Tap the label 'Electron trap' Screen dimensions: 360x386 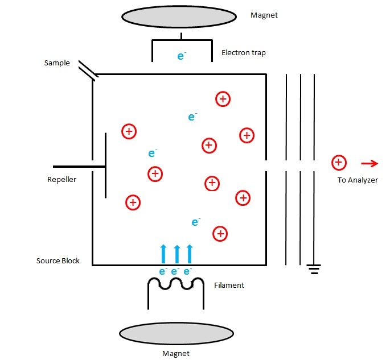[x=244, y=53]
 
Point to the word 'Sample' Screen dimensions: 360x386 [x=57, y=63]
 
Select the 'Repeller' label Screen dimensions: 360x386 [x=61, y=180]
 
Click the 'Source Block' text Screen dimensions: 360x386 [x=58, y=261]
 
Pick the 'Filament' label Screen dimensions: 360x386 [x=229, y=285]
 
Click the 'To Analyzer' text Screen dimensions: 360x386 [x=358, y=180]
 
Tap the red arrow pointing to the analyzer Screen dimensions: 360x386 [x=369, y=164]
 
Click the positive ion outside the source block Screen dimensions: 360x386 [x=339, y=163]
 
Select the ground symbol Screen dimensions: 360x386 [x=314, y=268]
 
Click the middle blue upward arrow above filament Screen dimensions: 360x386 [x=176, y=253]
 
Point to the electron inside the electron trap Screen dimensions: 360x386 [x=182, y=56]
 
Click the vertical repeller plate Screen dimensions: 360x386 [x=105, y=165]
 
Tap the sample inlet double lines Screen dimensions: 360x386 [x=88, y=69]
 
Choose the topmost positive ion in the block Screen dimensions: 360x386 [x=223, y=99]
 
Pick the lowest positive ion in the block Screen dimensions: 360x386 [x=220, y=233]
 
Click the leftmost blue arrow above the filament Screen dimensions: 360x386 [x=163, y=253]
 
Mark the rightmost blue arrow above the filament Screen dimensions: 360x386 [x=190, y=253]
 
